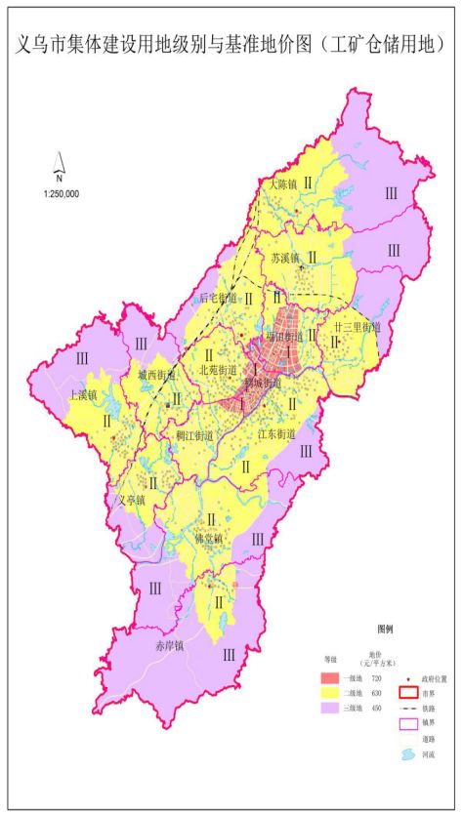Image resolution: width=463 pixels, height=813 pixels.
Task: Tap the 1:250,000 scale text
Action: [x=61, y=193]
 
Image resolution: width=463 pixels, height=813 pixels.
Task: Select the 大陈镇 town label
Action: [x=277, y=183]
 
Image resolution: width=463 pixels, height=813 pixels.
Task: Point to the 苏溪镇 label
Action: [x=283, y=259]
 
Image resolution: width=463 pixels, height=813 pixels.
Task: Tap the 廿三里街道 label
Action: [x=356, y=328]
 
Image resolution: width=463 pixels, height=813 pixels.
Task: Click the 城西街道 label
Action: [x=156, y=374]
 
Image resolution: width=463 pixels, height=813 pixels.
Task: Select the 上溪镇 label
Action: [x=83, y=395]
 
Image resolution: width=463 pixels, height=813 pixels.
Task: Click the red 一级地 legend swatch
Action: [x=334, y=677]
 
